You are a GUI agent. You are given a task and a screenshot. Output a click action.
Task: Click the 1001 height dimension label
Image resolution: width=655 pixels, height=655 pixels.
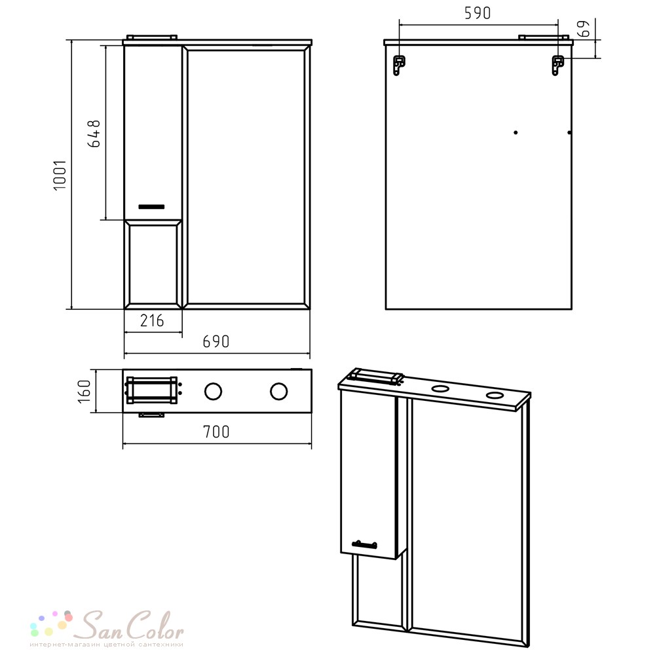click(60, 175)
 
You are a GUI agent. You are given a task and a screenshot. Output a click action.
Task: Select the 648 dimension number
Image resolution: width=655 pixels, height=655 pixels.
click(94, 134)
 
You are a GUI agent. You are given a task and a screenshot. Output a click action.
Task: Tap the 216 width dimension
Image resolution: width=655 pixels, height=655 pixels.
click(152, 321)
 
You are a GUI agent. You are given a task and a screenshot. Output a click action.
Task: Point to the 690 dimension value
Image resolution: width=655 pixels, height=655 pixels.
click(216, 342)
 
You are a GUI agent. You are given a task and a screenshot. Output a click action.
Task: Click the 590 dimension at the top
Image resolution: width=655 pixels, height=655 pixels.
click(477, 13)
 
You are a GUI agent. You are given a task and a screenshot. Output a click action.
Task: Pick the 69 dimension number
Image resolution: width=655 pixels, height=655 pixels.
click(585, 28)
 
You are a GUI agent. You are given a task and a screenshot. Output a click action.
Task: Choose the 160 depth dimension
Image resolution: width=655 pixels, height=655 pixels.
click(84, 392)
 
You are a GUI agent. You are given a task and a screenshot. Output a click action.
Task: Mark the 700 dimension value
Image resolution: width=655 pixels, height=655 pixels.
click(216, 432)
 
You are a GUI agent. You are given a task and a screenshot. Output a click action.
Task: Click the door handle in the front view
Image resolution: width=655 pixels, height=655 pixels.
click(151, 207)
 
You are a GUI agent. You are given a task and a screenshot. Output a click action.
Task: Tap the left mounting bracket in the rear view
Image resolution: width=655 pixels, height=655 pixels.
click(399, 65)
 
